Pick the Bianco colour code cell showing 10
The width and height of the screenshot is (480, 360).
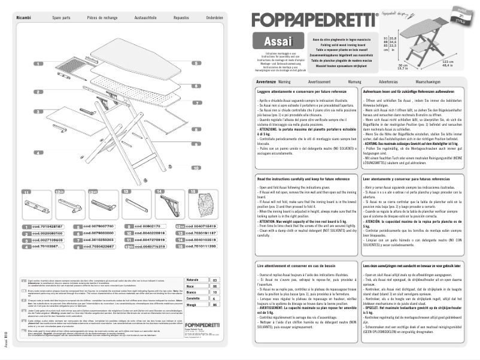(214, 292)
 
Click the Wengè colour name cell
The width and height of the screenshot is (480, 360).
(193, 304)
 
